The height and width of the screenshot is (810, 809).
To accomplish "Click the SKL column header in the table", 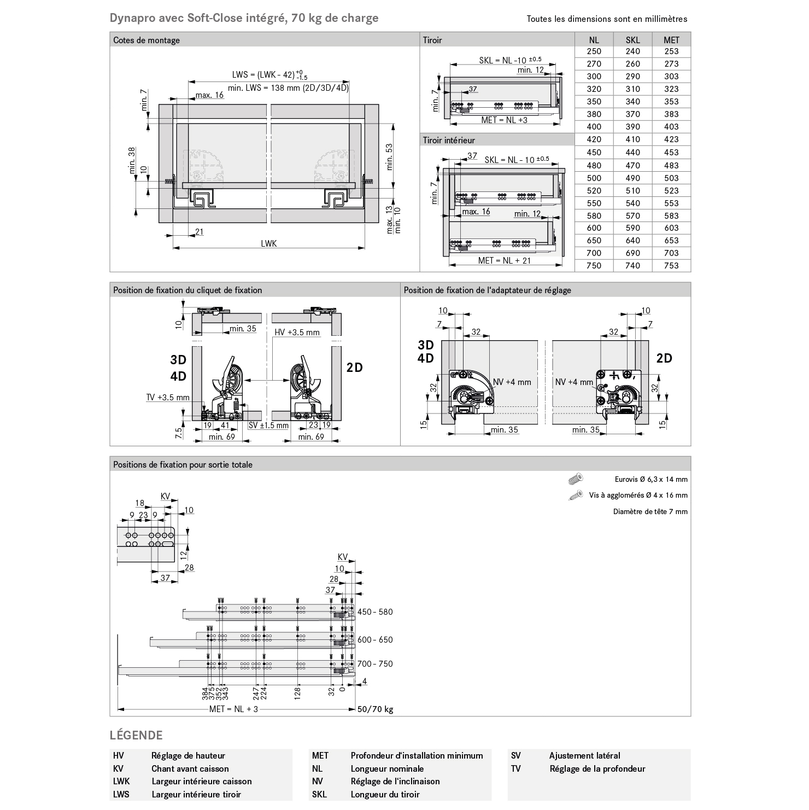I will (632, 40).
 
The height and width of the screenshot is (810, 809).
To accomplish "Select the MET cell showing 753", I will (671, 266).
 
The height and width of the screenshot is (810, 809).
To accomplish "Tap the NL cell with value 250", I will (594, 51).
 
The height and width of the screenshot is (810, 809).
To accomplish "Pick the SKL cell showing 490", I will (632, 178).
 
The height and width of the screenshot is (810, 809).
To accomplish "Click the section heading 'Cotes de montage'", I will (146, 40).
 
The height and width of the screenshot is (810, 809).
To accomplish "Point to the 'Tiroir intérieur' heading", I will (449, 141).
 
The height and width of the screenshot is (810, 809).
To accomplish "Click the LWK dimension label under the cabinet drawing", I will (268, 243).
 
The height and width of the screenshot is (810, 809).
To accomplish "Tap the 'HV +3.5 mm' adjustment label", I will (297, 333).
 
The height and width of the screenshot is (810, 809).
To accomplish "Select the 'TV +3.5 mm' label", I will (168, 398).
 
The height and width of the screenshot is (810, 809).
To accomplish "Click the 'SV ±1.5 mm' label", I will (268, 426).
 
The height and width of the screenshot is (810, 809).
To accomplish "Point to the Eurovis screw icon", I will (576, 479).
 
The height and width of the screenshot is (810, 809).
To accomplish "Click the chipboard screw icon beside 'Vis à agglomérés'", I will (576, 496).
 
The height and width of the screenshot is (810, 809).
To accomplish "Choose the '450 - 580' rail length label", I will (375, 612).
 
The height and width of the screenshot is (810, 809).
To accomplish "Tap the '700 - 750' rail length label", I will (375, 664).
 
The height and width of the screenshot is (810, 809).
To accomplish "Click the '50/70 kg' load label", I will (375, 709).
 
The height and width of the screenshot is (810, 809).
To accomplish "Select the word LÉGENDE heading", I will (136, 735).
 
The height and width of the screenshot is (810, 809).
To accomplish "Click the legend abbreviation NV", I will (318, 782).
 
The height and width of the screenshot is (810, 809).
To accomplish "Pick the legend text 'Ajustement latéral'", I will (584, 756).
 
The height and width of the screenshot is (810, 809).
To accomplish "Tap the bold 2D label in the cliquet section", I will (355, 368).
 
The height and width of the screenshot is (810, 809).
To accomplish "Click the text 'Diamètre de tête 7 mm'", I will (650, 512).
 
